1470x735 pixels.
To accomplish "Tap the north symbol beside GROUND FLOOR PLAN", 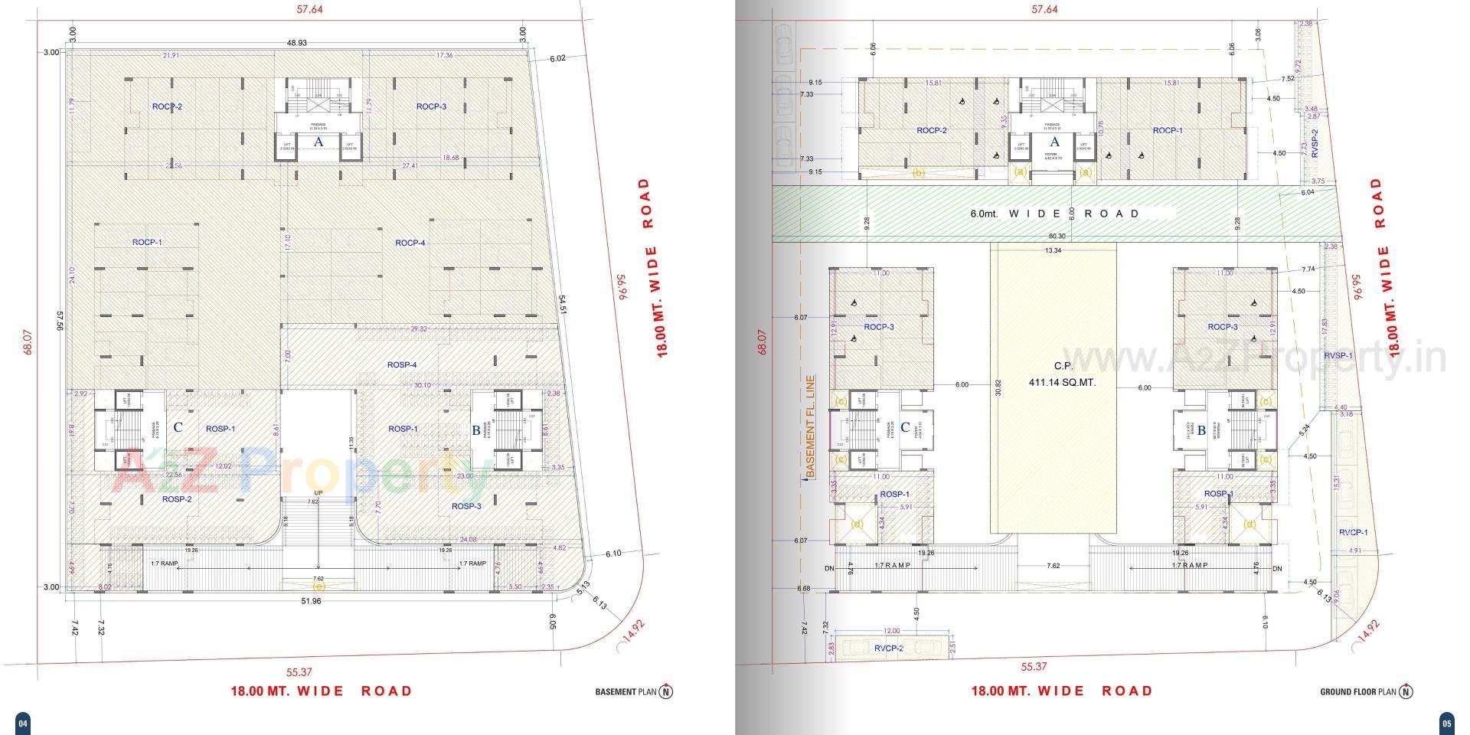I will click(x=1406, y=691).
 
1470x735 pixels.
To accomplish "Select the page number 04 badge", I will click(x=22, y=723).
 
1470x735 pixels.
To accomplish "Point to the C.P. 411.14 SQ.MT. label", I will click(x=1063, y=374).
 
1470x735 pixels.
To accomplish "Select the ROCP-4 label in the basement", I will click(x=410, y=243).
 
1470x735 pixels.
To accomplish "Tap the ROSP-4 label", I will click(x=402, y=364).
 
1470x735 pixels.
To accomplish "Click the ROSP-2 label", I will click(x=176, y=499).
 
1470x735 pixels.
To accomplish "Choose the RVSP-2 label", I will click(x=1315, y=143).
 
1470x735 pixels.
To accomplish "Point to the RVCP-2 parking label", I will click(x=889, y=648).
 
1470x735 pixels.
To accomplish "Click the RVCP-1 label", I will click(x=1353, y=532).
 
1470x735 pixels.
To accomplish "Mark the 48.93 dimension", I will click(x=296, y=43).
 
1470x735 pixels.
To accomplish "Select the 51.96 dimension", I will click(x=311, y=601).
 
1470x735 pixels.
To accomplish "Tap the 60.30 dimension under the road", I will click(x=1057, y=237).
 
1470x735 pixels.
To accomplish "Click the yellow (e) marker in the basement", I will click(x=318, y=586).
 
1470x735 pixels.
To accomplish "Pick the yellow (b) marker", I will click(x=918, y=173).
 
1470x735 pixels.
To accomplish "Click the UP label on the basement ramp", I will click(x=318, y=492).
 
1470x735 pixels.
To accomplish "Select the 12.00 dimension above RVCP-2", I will click(x=891, y=631).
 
